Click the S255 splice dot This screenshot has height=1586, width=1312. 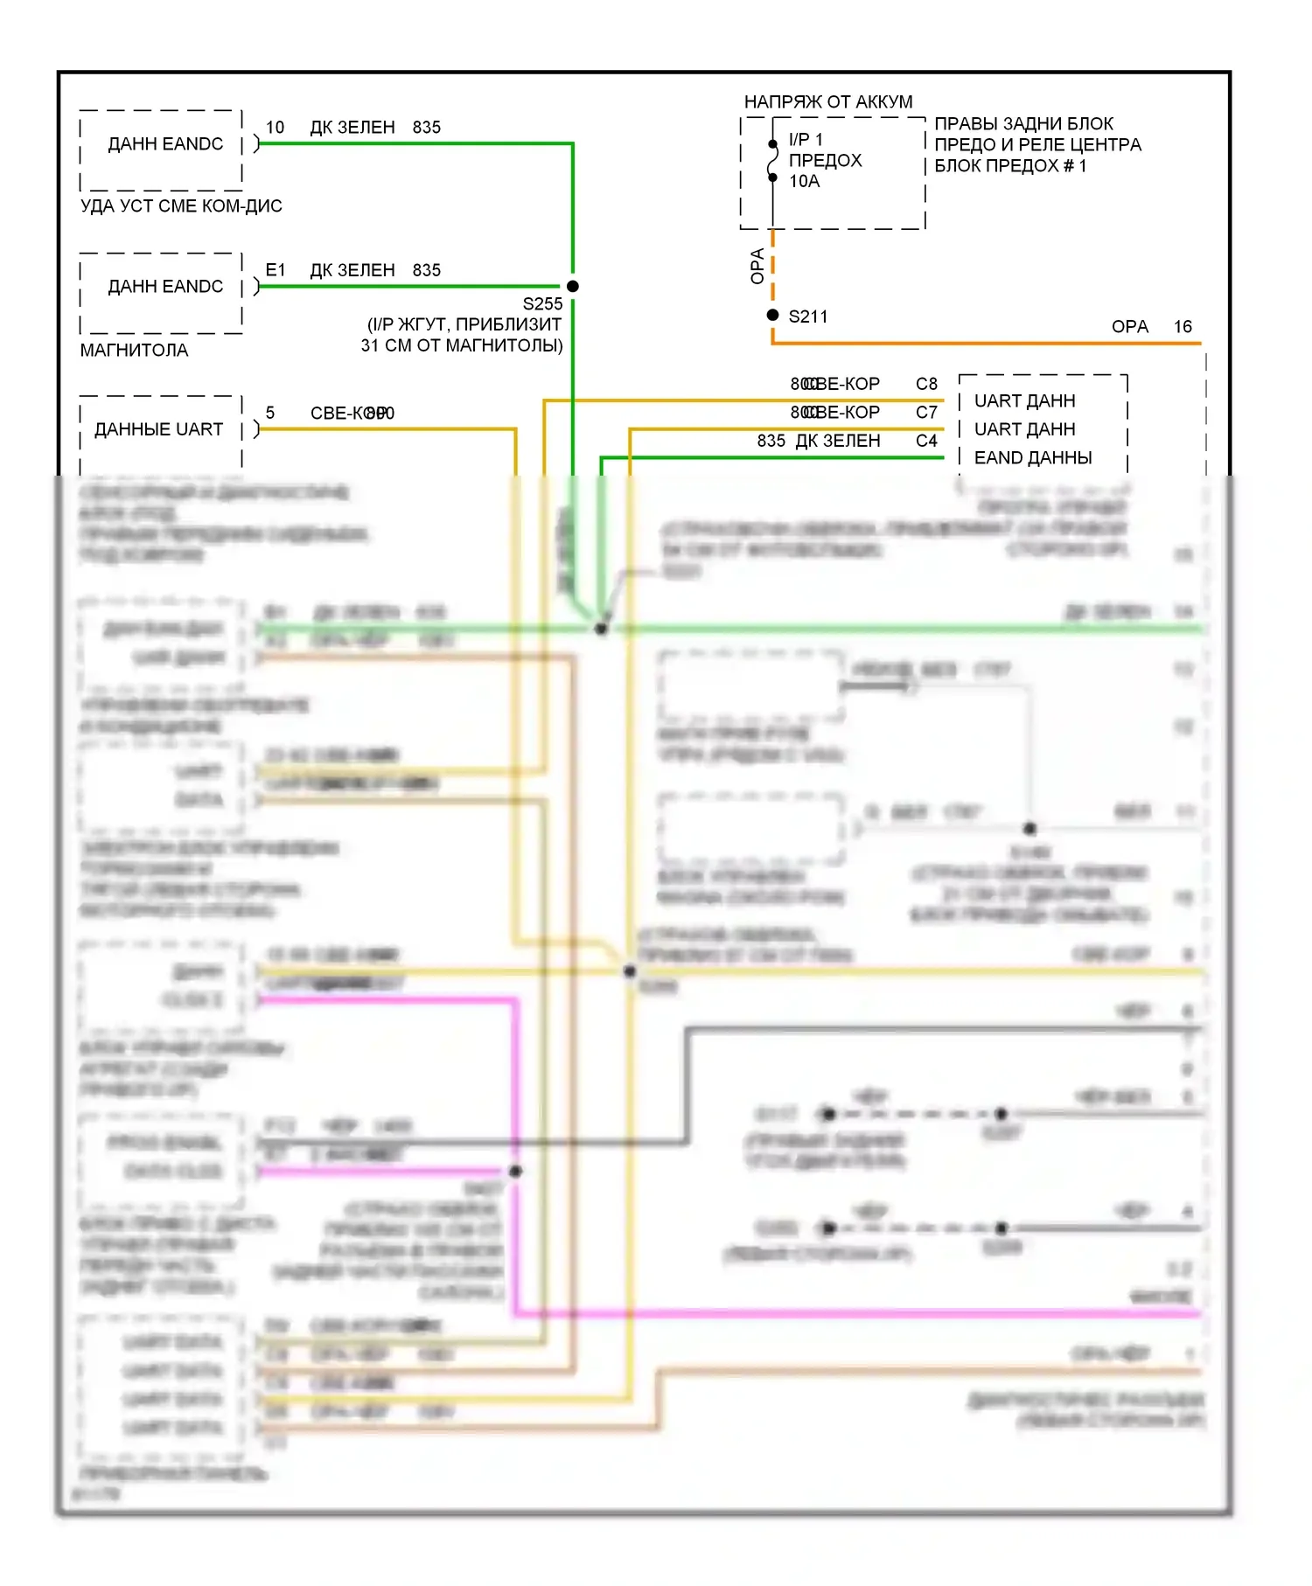coord(573,286)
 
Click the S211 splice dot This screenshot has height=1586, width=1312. coord(772,315)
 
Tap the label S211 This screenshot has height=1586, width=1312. coord(807,317)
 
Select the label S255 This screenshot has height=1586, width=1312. coord(542,303)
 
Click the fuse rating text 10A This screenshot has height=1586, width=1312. coord(804,181)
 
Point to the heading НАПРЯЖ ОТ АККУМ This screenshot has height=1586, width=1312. coord(827,101)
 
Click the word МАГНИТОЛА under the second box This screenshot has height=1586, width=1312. coord(134,350)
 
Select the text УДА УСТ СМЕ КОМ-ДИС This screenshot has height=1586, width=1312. coord(181,205)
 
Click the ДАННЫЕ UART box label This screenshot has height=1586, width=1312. coord(158,429)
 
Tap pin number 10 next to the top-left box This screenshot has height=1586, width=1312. coord(275,127)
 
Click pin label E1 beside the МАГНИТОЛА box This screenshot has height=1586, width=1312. coord(275,270)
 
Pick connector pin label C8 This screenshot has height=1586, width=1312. coord(926,384)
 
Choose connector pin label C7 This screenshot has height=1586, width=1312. coord(926,412)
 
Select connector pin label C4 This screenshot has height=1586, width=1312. coord(926,441)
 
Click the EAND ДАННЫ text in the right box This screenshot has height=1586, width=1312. coord(1032,457)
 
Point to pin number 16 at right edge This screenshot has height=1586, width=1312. coord(1183,326)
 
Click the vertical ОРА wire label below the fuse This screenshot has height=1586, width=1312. coord(757,266)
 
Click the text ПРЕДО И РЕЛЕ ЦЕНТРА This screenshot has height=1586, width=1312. coord(1037,144)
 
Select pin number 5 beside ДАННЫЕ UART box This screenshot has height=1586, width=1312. coord(270,413)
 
